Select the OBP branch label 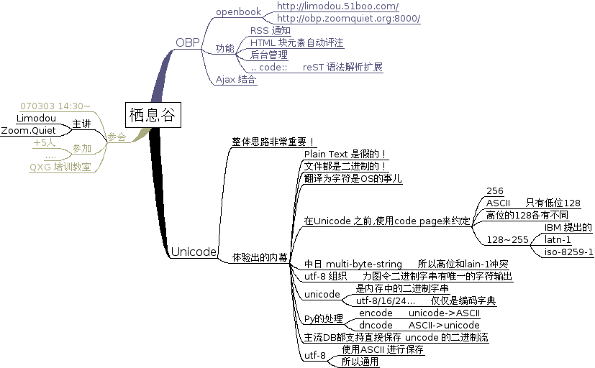click(188, 42)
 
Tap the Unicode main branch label click(193, 252)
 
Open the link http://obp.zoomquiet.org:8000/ click(348, 19)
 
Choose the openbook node click(238, 12)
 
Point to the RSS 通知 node click(270, 31)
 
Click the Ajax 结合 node click(236, 80)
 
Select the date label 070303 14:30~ click(55, 106)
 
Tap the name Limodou click(36, 118)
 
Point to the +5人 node click(45, 143)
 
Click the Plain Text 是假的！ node click(346, 155)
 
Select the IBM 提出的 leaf click(568, 227)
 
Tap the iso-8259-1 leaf click(568, 252)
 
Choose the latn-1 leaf click(558, 239)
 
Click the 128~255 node click(507, 239)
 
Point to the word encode click(376, 313)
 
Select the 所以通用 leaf click(360, 362)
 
